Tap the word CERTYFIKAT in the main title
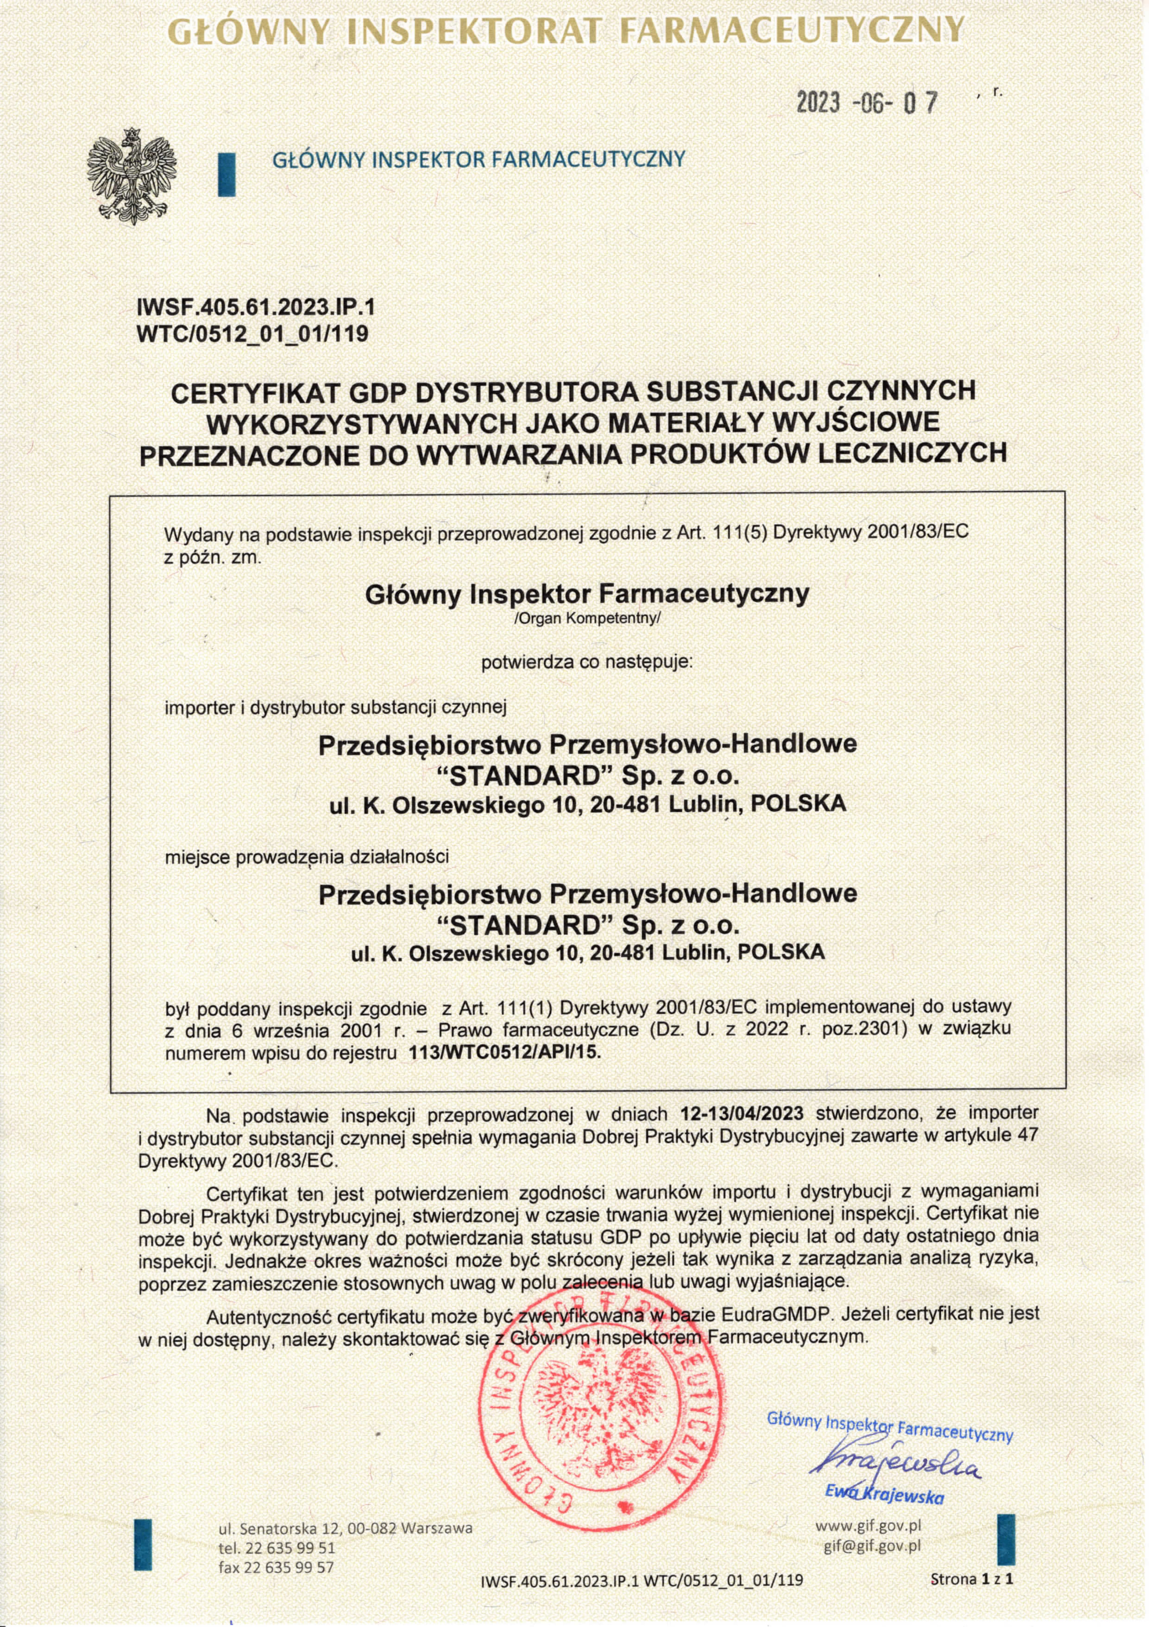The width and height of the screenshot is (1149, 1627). pyautogui.click(x=252, y=391)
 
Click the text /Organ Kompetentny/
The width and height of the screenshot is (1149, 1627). pyautogui.click(x=587, y=618)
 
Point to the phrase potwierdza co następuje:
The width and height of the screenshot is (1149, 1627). pyautogui.click(x=587, y=663)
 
